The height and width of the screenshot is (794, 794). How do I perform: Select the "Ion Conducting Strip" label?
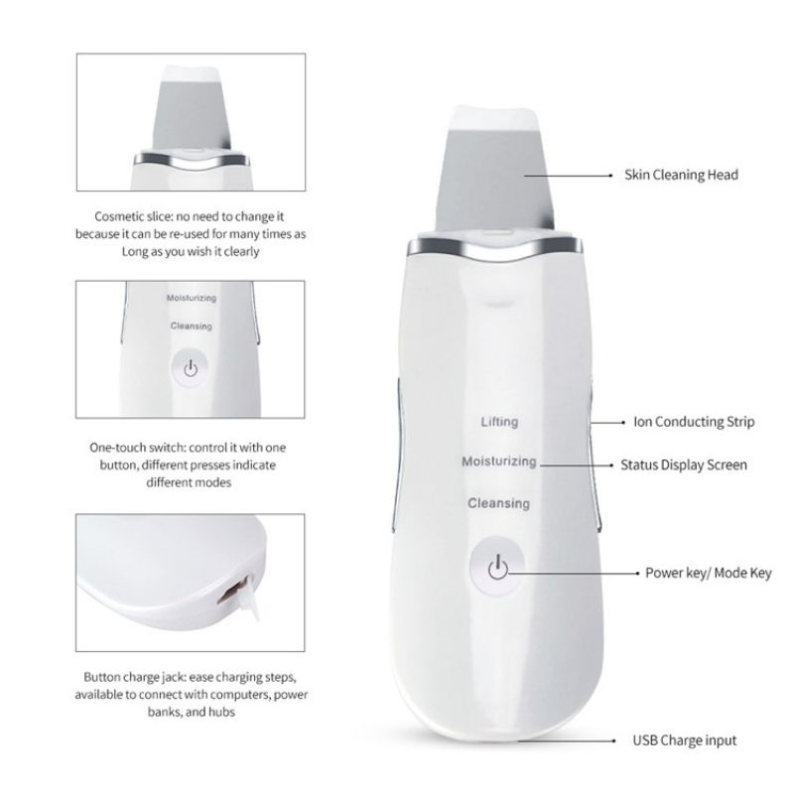[694, 422]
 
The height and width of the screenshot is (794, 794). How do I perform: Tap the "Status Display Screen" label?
[684, 463]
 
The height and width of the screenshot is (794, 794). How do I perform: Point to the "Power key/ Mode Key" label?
[695, 573]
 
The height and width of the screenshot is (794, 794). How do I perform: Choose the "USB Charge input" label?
[685, 740]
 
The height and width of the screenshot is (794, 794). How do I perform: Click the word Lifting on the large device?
[499, 422]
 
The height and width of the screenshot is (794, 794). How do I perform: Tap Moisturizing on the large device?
[499, 463]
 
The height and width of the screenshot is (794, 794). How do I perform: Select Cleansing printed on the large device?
[499, 504]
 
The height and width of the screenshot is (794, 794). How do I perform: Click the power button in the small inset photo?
[192, 367]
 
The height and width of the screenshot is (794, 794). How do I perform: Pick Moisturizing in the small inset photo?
[192, 298]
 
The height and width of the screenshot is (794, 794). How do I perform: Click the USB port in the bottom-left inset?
[232, 593]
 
